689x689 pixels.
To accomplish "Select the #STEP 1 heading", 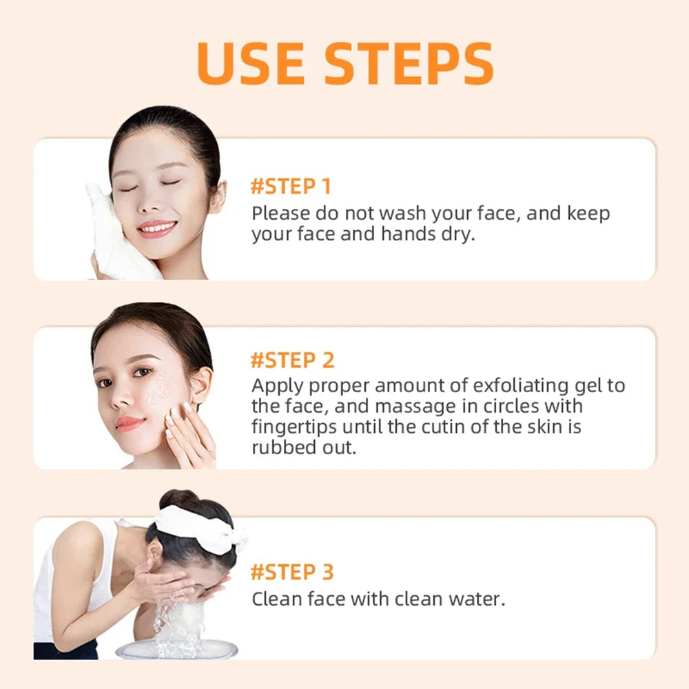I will (x=291, y=187).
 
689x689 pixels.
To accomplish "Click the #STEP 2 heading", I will (x=292, y=360).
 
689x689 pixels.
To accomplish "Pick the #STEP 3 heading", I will (x=292, y=572).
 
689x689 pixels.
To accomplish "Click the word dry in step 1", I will (x=460, y=234).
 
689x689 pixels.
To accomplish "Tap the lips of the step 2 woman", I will (x=130, y=423).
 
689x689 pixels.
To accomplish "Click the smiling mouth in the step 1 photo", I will (x=157, y=228).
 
